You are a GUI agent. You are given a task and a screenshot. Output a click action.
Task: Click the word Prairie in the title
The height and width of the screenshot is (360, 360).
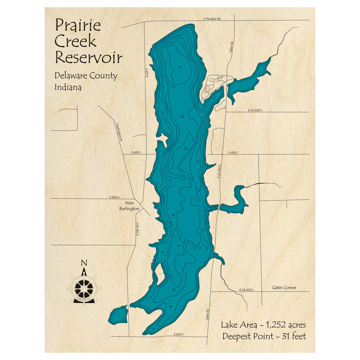pos(78,26)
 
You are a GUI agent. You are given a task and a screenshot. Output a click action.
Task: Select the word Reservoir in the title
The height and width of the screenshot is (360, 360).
pos(88,57)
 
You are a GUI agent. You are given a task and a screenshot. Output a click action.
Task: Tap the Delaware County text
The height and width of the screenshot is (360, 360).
pos(86,76)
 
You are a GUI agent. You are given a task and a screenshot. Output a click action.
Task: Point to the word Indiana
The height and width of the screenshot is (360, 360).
pos(68,87)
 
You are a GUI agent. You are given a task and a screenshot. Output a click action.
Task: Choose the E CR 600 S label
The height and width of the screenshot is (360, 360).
pos(246,289)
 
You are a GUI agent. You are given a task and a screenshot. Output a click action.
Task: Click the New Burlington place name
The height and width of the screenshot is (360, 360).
pos(130,206)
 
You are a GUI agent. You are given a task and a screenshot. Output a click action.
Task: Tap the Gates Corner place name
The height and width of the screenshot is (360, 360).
pos(284,288)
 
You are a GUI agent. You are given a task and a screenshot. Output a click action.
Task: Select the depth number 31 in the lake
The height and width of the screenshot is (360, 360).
pos(180,67)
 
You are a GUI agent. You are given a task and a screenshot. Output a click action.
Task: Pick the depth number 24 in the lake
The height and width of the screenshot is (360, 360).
pos(178,246)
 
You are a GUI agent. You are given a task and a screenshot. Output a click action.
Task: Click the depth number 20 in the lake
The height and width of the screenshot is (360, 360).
pos(174,290)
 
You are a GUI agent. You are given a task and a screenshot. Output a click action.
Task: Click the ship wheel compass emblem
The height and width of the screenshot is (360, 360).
pos(84,288)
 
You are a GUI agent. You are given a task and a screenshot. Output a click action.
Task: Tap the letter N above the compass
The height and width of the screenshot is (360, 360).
pos(84,262)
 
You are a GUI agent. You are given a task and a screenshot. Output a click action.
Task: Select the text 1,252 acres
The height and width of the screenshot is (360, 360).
pos(286,325)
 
